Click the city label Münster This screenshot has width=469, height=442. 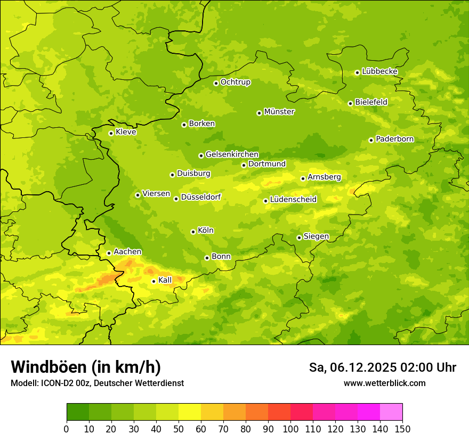tap(279, 112)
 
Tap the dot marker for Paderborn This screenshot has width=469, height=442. tap(371, 140)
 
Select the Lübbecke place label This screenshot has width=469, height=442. tap(379, 71)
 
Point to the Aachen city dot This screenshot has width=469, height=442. tap(109, 253)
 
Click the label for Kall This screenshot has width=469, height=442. tap(165, 280)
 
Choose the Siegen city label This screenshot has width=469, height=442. tap(316, 236)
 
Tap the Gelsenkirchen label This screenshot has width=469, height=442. tap(232, 154)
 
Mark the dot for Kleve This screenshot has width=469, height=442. tap(111, 133)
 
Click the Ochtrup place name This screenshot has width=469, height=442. tap(235, 82)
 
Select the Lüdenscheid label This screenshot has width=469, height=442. tap(293, 200)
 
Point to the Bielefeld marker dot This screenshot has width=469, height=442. tap(350, 103)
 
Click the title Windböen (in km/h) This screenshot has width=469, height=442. tap(85, 367)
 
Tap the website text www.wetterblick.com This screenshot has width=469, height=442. tap(384, 383)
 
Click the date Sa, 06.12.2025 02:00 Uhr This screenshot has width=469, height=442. tap(382, 367)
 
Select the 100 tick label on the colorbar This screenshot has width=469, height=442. tap(290, 429)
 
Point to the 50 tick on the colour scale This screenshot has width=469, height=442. tap(179, 429)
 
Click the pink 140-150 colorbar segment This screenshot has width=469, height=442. tap(391, 412)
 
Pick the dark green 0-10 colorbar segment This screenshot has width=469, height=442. tap(78, 412)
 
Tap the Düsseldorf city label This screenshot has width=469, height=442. tap(200, 197)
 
